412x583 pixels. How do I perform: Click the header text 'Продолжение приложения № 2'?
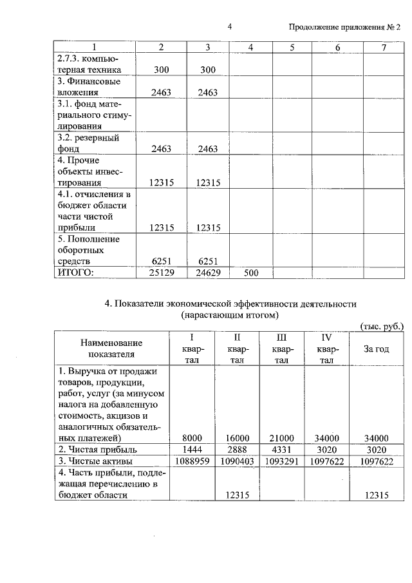[344, 27]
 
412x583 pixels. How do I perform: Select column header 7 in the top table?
[384, 48]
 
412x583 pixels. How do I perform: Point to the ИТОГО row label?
[76, 272]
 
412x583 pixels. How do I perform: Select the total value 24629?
[207, 272]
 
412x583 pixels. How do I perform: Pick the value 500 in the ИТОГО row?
[250, 272]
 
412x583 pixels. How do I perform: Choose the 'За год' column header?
[376, 349]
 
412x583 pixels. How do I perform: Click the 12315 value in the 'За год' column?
[376, 495]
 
